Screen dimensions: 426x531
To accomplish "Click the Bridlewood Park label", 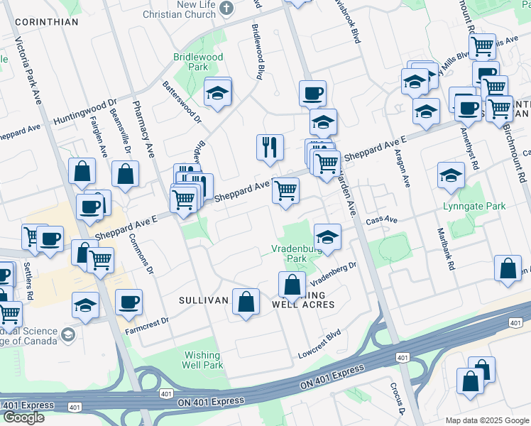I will pyautogui.click(x=198, y=62).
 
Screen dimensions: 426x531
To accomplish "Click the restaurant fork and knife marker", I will pyautogui.click(x=270, y=148).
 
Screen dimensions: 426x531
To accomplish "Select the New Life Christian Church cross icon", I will pyautogui.click(x=226, y=9).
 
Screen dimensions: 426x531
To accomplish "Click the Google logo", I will pyautogui.click(x=24, y=417).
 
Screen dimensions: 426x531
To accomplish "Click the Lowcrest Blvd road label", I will pyautogui.click(x=320, y=344).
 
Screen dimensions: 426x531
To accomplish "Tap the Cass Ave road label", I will pyautogui.click(x=382, y=220).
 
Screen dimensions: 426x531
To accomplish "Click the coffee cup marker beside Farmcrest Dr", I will pyautogui.click(x=128, y=302).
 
